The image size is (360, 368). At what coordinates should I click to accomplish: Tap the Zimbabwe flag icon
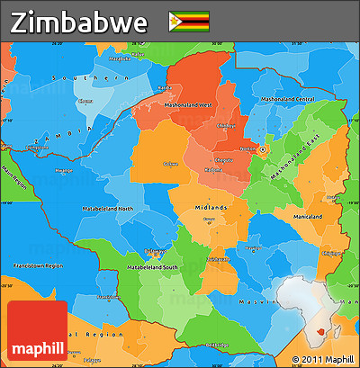click(188, 20)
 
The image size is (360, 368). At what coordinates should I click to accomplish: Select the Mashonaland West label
click(188, 105)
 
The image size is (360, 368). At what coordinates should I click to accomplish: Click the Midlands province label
click(211, 207)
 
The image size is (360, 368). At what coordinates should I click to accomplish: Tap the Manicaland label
click(307, 217)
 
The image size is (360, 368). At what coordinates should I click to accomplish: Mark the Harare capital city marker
click(264, 149)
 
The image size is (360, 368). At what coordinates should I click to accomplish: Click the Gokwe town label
click(171, 164)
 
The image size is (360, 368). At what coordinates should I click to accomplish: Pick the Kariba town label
click(165, 87)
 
